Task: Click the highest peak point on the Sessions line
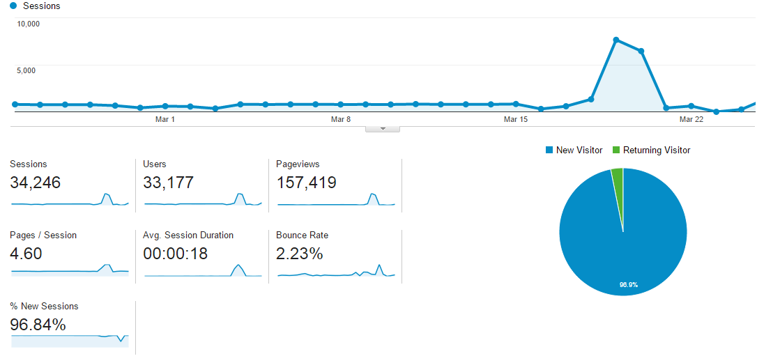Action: (x=616, y=40)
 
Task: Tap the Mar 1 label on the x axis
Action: (x=165, y=120)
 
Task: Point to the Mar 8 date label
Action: (x=341, y=120)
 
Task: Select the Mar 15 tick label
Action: (x=516, y=120)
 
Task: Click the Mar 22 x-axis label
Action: (x=691, y=120)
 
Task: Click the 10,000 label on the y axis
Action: (x=29, y=24)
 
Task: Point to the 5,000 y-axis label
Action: (x=29, y=70)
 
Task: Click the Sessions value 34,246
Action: (x=36, y=183)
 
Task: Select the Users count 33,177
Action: (x=168, y=183)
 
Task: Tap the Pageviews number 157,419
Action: (x=306, y=183)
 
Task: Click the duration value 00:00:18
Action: (x=175, y=254)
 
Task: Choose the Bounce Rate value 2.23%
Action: (x=299, y=254)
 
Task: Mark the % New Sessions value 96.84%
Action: (x=38, y=325)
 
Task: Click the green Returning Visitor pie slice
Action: (x=618, y=178)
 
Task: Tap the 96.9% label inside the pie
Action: (x=629, y=285)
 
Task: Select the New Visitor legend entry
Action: (x=574, y=150)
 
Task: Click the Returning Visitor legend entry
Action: (x=651, y=150)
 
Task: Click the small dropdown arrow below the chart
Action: (x=383, y=129)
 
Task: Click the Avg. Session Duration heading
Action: (x=188, y=235)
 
